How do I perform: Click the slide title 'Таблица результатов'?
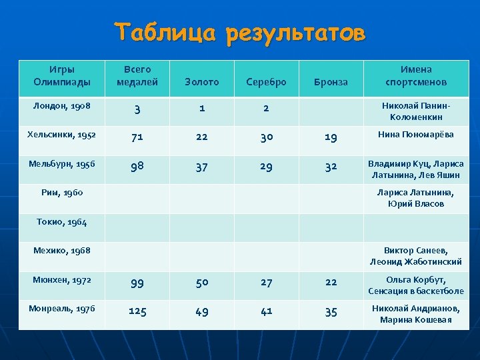pyautogui.click(x=240, y=33)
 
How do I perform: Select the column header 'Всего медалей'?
pyautogui.click(x=137, y=75)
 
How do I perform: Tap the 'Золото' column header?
pyautogui.click(x=201, y=82)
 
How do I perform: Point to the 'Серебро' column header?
pyautogui.click(x=266, y=82)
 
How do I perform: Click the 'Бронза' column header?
pyautogui.click(x=331, y=82)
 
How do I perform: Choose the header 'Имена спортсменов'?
pyautogui.click(x=416, y=75)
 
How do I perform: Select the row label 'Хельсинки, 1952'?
pyautogui.click(x=62, y=135)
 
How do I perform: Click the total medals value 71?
pyautogui.click(x=137, y=137)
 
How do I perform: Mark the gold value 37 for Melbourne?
pyautogui.click(x=201, y=167)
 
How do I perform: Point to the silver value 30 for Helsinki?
pyautogui.click(x=266, y=137)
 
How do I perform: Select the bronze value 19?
pyautogui.click(x=331, y=137)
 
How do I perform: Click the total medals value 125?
pyautogui.click(x=137, y=311)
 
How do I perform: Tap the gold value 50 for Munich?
pyautogui.click(x=201, y=282)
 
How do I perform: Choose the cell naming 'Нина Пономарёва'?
pyautogui.click(x=416, y=135)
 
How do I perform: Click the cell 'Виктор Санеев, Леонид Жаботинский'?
pyautogui.click(x=416, y=256)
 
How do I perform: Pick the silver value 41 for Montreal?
pyautogui.click(x=266, y=311)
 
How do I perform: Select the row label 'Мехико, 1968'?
pyautogui.click(x=62, y=250)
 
